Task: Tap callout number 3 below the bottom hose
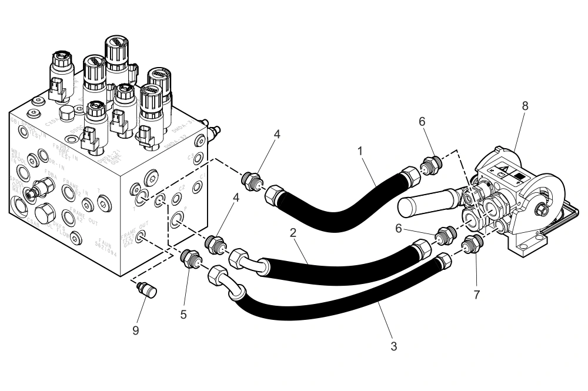coord(395,347)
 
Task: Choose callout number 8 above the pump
coord(525,106)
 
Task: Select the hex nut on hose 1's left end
coord(273,195)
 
